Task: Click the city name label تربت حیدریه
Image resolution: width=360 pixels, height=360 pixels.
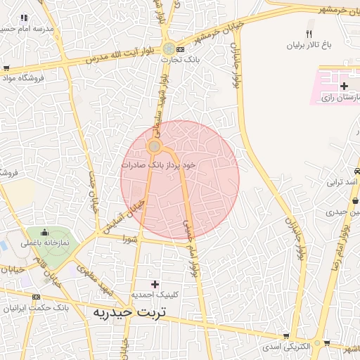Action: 127,311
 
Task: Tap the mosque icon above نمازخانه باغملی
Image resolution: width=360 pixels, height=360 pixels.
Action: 45,233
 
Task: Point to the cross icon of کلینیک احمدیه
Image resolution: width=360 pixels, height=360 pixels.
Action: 155,283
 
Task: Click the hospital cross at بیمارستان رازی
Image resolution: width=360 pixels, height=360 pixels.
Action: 344,86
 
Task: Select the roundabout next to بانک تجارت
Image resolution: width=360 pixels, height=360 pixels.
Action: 169,49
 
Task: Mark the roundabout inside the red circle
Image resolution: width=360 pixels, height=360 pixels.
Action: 154,146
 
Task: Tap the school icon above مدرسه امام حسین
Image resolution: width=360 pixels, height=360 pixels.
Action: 25,18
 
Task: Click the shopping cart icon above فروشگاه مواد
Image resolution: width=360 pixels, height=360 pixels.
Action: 6,68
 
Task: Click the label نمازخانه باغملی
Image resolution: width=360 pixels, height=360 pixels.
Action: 44,243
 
